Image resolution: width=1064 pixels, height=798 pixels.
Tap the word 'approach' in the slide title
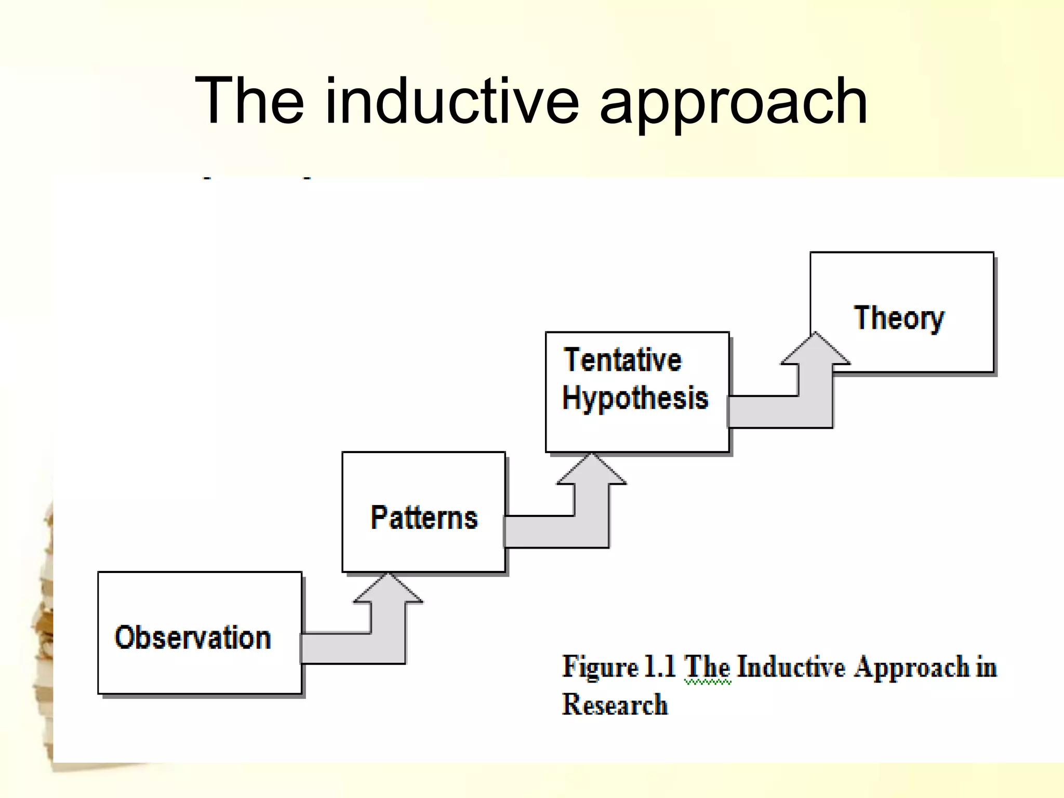(733, 104)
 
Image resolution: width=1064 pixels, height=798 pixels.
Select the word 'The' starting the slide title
(249, 101)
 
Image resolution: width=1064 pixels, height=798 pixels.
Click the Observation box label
(193, 637)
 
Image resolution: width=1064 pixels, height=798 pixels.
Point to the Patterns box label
(424, 517)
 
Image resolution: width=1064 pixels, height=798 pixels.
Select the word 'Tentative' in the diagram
(622, 360)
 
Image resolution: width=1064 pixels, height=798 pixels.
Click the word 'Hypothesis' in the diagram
(635, 398)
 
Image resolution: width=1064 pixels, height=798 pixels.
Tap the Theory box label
(899, 318)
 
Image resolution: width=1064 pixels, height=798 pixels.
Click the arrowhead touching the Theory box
(815, 351)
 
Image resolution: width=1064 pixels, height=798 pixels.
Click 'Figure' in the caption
(600, 667)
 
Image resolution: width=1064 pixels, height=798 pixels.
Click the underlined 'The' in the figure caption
(707, 667)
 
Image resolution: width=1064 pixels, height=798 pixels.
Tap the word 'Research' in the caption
(615, 705)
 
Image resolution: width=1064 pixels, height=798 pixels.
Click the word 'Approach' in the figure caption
(912, 668)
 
